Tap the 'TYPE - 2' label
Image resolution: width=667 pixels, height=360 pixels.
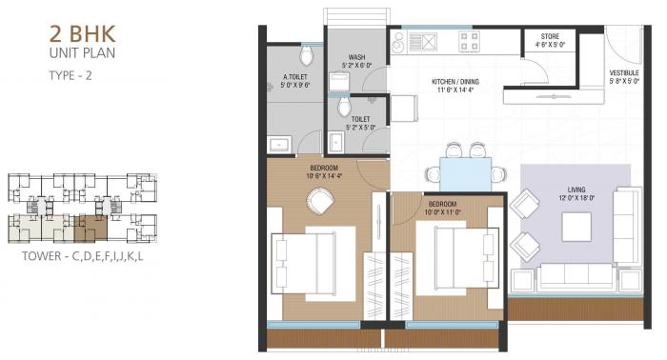[x=71, y=74]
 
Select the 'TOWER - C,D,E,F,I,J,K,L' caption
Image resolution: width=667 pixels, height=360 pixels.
[x=87, y=256]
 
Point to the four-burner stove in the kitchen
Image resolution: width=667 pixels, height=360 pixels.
[x=470, y=41]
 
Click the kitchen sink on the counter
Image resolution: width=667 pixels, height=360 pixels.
[x=420, y=42]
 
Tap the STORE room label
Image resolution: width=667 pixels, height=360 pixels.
[x=551, y=39]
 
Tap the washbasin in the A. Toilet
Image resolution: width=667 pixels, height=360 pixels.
[x=280, y=144]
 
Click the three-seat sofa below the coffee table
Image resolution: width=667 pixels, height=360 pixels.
[x=576, y=275]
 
